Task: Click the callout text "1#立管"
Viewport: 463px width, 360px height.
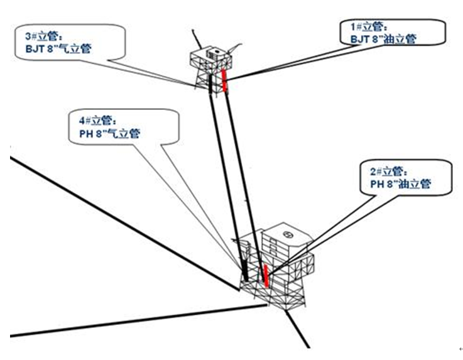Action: [366, 26]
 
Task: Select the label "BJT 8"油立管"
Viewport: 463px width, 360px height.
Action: [383, 39]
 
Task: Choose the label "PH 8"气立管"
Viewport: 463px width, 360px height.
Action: [104, 133]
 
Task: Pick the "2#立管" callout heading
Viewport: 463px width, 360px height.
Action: [382, 171]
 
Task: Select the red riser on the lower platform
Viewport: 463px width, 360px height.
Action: [266, 276]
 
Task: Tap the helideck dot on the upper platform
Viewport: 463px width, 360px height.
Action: [214, 52]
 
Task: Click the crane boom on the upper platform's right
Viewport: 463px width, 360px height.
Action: [235, 46]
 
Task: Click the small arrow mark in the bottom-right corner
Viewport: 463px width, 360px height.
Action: [460, 347]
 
